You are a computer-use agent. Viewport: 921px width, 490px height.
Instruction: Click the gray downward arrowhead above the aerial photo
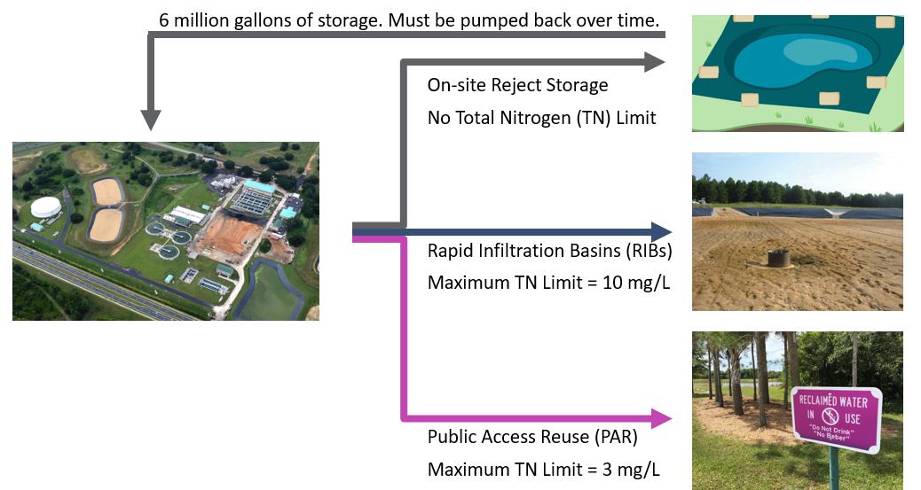pyautogui.click(x=151, y=120)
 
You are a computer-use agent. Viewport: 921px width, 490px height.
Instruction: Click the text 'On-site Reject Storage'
pyautogui.click(x=517, y=85)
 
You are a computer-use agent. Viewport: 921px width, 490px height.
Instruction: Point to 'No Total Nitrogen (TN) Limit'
pyautogui.click(x=541, y=117)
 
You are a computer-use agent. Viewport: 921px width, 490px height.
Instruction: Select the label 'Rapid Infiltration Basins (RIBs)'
pyautogui.click(x=549, y=251)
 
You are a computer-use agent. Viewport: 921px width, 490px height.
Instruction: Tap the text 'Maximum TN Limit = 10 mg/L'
pyautogui.click(x=544, y=283)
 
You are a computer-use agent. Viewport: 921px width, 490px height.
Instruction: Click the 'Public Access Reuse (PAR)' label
pyautogui.click(x=532, y=437)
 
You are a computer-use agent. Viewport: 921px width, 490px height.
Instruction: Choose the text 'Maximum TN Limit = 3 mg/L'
pyautogui.click(x=543, y=470)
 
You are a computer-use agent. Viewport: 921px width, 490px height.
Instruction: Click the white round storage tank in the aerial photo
pyautogui.click(x=46, y=208)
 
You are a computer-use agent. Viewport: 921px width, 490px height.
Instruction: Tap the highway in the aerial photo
pyautogui.click(x=106, y=284)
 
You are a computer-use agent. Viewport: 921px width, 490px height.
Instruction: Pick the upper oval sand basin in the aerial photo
pyautogui.click(x=107, y=190)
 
